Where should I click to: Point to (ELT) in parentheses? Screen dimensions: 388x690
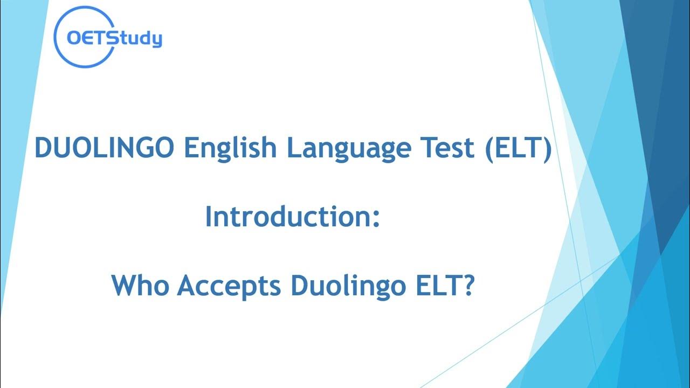[517, 148]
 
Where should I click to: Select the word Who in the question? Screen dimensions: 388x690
[141, 286]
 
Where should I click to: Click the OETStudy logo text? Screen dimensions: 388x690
[114, 39]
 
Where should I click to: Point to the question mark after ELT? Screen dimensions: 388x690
[468, 286]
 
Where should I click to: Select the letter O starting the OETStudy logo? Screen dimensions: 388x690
[73, 39]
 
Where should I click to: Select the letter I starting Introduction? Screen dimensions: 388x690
[209, 217]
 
